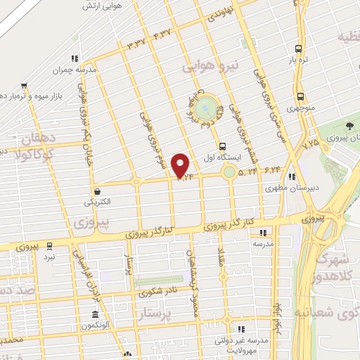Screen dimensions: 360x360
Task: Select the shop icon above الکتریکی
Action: click(x=96, y=190)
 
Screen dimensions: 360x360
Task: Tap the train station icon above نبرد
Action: click(x=49, y=245)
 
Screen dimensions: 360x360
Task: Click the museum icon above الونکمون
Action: click(x=95, y=314)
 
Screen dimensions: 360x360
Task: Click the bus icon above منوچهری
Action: click(x=300, y=96)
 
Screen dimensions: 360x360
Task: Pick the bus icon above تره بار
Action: click(x=299, y=49)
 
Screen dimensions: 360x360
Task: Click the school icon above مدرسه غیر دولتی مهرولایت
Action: click(x=241, y=329)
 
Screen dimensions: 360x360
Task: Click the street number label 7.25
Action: click(x=309, y=142)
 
